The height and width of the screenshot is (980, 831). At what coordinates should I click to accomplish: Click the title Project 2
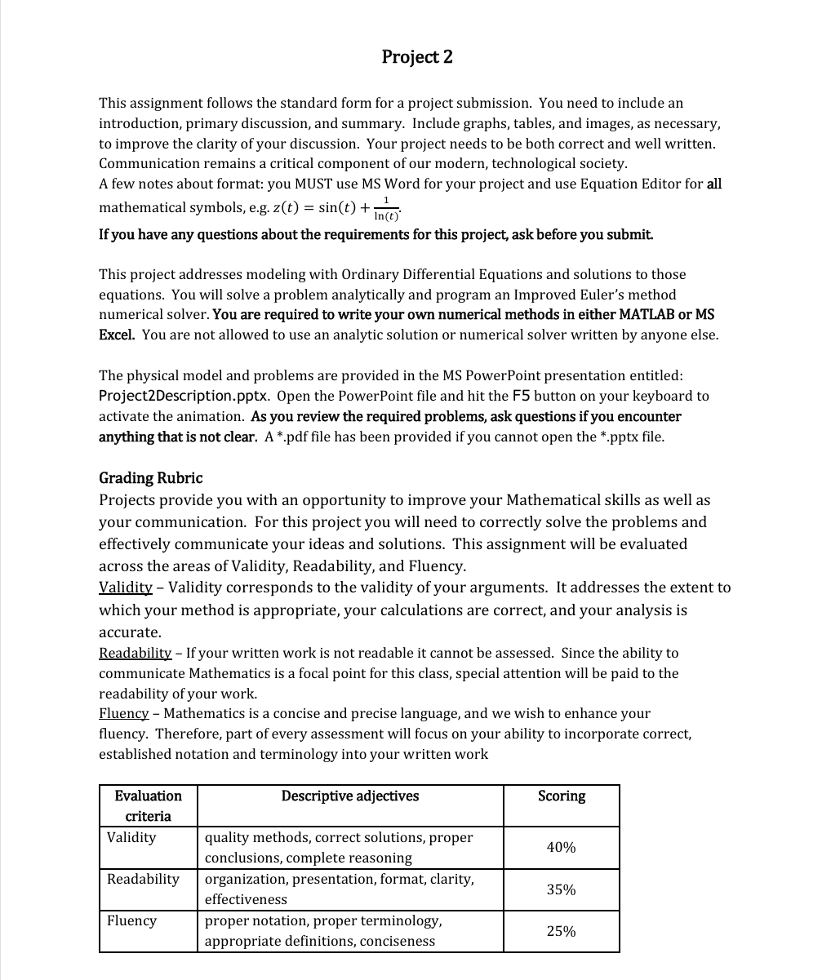tap(416, 56)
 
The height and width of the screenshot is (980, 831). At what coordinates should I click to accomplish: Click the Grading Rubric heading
tap(150, 477)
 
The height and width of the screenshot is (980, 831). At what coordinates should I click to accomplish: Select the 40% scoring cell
tap(561, 848)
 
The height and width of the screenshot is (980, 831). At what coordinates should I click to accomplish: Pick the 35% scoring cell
tap(561, 889)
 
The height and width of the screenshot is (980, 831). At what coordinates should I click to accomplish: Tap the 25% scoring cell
tap(561, 931)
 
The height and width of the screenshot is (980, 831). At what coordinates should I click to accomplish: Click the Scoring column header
tap(561, 796)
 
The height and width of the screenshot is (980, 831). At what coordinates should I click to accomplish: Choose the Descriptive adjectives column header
tap(350, 796)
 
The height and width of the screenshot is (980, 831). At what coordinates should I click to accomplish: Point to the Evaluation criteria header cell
tap(148, 805)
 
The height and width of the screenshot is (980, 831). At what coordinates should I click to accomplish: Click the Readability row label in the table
tap(143, 879)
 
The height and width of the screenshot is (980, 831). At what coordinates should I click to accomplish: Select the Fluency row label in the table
tap(131, 920)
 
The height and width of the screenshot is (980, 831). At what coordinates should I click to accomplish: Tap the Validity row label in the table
tap(131, 837)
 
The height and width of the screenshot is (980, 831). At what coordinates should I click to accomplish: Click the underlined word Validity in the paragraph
tap(125, 588)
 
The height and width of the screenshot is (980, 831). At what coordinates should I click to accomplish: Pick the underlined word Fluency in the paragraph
tap(123, 713)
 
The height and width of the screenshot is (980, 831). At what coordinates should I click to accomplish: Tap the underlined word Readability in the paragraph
tap(135, 653)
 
